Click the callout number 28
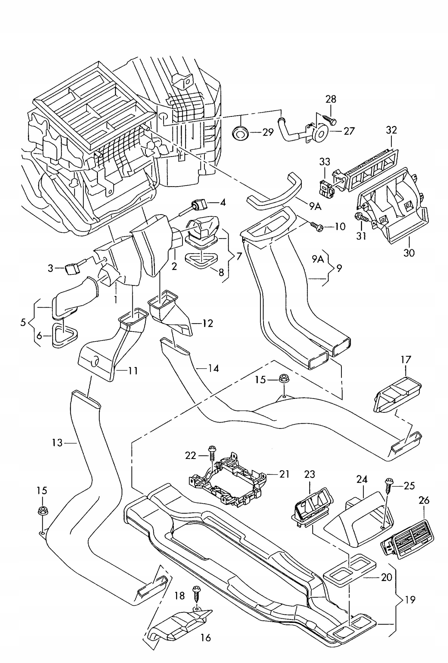coord(330,99)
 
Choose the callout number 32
coord(391,130)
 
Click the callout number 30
coord(409,253)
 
